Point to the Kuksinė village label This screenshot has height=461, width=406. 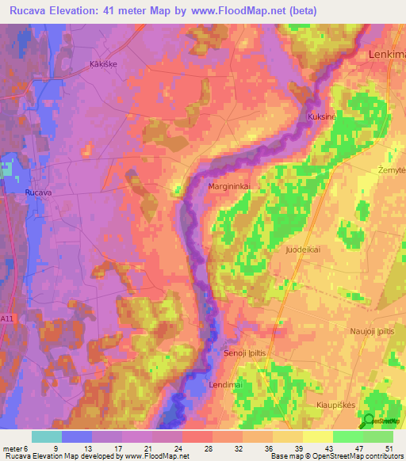pos(320,116)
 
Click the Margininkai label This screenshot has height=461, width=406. pos(229,186)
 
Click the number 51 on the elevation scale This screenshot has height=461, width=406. pos(389,448)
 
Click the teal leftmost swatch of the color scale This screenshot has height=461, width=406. pos(46,436)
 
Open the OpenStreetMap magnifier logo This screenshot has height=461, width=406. pos(369,421)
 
